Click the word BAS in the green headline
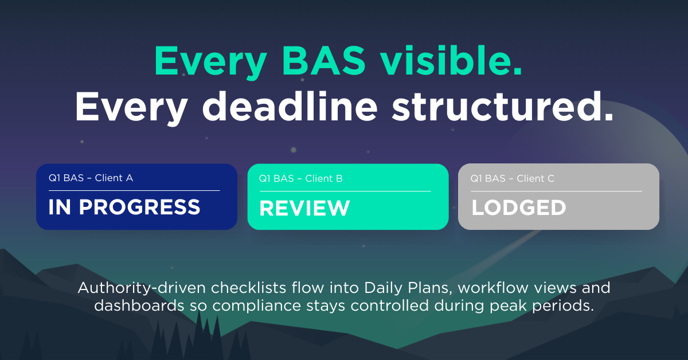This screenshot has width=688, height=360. point(324,61)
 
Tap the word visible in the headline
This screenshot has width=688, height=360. point(451,60)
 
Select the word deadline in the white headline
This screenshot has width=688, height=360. point(290,106)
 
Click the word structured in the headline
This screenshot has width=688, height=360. point(502,106)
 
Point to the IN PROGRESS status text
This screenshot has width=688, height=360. point(124,207)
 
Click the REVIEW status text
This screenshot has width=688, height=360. point(304,208)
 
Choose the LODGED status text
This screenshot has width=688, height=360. point(518,208)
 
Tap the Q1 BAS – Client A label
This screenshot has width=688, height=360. point(91,178)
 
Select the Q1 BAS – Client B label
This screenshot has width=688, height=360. point(300,178)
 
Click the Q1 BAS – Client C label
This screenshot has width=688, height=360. point(513,178)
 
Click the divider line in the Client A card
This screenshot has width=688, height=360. point(134,190)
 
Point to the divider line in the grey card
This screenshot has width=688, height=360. point(557,191)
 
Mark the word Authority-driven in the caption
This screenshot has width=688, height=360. point(142,288)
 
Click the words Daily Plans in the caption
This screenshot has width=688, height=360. point(408,288)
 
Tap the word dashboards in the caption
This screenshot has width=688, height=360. point(139,306)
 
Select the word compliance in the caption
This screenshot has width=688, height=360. point(256,306)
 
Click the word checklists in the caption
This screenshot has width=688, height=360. point(248,288)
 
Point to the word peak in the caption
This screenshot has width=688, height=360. point(508,306)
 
